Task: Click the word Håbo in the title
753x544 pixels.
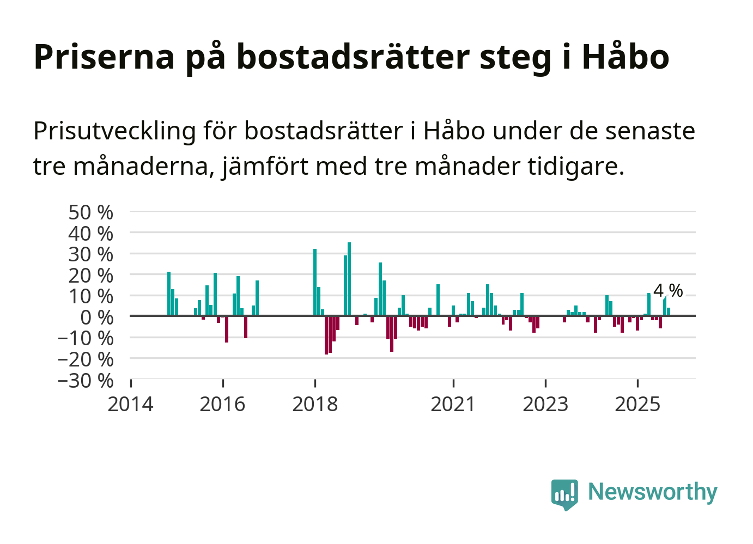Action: click(x=626, y=57)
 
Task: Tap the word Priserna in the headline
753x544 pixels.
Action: click(x=104, y=57)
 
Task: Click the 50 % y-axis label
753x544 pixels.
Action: click(x=91, y=212)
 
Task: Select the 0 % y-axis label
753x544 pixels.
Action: click(x=97, y=317)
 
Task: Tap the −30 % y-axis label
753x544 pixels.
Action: click(x=86, y=380)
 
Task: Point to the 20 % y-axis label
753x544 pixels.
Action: click(x=91, y=276)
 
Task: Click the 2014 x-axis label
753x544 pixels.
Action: click(x=131, y=405)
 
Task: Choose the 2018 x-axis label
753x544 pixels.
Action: click(x=315, y=405)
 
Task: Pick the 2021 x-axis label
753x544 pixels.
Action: click(x=453, y=405)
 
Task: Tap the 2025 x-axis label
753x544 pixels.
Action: click(x=637, y=405)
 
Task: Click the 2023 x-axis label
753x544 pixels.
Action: click(x=545, y=405)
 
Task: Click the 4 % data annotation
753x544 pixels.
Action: click(x=668, y=291)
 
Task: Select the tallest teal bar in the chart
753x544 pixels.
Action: click(x=349, y=279)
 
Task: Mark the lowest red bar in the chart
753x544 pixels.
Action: click(x=326, y=335)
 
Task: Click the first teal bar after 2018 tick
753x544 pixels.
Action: click(x=315, y=282)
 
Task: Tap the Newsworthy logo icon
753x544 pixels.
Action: click(x=564, y=494)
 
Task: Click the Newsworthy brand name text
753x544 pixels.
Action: click(x=653, y=492)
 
